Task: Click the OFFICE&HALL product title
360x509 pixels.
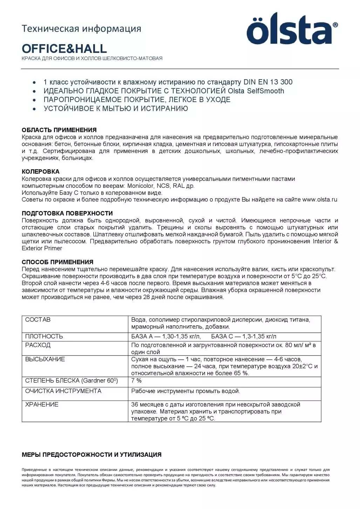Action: [64, 48]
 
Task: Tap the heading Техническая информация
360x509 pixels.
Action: [81, 28]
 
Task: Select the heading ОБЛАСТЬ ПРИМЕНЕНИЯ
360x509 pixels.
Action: [59, 130]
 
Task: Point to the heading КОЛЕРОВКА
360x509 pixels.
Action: [41, 172]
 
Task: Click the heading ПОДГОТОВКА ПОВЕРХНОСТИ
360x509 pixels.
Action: [67, 213]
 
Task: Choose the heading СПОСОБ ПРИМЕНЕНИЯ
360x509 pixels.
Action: [57, 262]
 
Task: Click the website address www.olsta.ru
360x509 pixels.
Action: [319, 200]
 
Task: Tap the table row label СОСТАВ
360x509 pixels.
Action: [38, 320]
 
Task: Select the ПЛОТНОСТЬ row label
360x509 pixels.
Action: [44, 337]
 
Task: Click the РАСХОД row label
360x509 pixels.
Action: [38, 345]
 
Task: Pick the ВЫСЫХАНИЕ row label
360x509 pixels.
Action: [45, 359]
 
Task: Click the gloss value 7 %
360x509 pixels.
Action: [136, 381]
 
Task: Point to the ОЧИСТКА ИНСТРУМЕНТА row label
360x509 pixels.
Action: [63, 391]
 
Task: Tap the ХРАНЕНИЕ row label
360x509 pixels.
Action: [42, 405]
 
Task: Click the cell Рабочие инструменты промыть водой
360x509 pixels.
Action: [185, 391]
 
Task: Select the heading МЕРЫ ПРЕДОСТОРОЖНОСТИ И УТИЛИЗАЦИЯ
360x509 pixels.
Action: [91, 455]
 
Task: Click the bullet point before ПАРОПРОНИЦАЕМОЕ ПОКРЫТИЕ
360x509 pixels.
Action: [34, 100]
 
